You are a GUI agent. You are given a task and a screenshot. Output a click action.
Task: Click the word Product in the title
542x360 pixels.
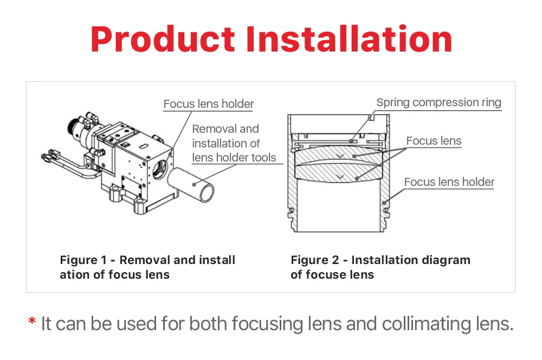(163, 39)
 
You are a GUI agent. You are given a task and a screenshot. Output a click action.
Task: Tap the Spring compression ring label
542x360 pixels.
(438, 102)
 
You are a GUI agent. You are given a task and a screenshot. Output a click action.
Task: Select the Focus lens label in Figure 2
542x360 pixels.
(434, 141)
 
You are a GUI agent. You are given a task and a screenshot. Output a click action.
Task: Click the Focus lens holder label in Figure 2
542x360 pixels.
(449, 182)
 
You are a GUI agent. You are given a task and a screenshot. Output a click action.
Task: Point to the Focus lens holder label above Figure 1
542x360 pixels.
(209, 104)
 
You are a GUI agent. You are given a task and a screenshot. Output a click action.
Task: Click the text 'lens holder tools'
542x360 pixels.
(234, 158)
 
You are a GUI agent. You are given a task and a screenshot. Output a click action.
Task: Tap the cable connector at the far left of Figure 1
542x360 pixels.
(47, 157)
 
